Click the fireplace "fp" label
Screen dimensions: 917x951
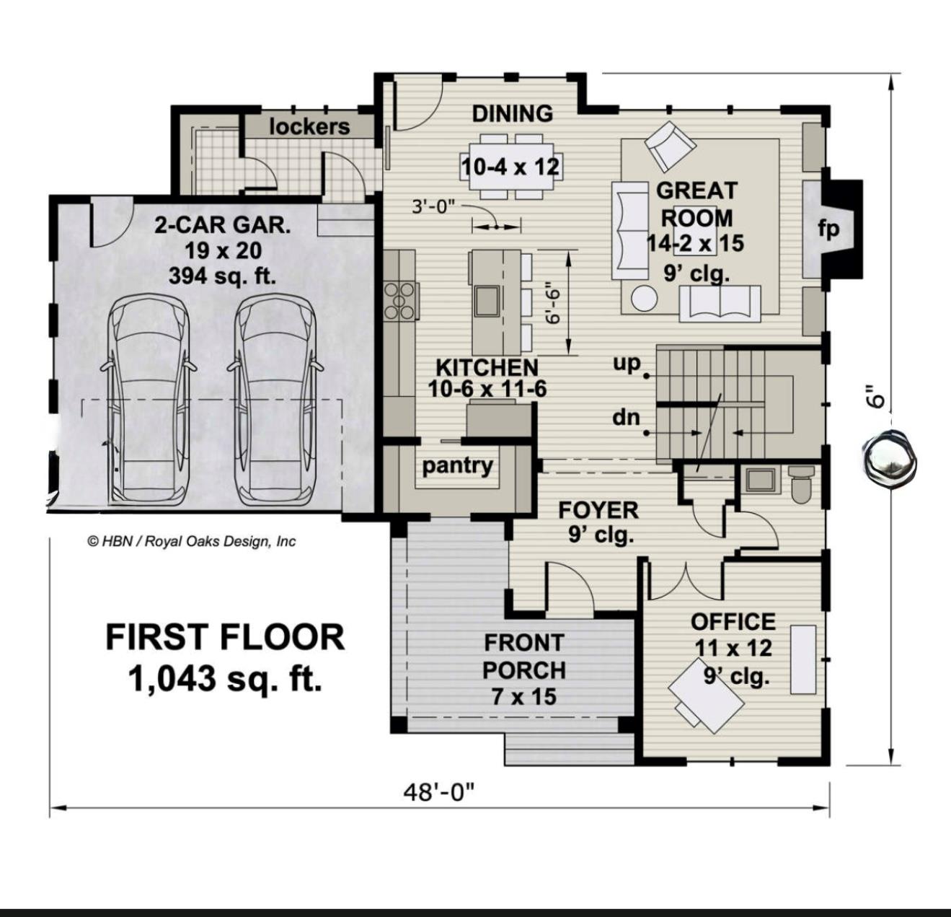click(828, 229)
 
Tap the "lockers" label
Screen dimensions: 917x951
click(309, 126)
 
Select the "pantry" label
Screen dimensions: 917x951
click(457, 465)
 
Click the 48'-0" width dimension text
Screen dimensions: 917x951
click(439, 792)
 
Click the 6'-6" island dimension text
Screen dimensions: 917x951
click(553, 302)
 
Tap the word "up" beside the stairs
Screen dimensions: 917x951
click(627, 363)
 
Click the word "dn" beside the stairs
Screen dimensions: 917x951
click(626, 416)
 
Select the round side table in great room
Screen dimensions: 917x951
click(645, 298)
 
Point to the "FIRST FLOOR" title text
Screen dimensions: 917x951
click(225, 637)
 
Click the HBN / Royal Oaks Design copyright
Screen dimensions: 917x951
click(191, 541)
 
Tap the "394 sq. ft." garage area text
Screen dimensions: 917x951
click(222, 276)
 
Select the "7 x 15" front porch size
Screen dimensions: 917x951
click(524, 697)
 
